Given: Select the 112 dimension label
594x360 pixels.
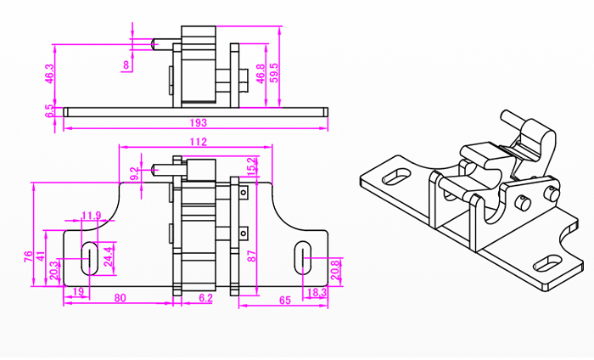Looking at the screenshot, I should click(199, 142).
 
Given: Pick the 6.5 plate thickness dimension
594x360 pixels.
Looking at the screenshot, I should click(50, 110).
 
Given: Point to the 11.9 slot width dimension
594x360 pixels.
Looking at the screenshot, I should click(92, 215).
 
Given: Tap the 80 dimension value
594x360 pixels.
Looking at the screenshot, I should click(120, 298).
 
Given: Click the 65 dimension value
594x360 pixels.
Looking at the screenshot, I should click(284, 300).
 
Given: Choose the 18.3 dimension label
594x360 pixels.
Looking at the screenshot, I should click(316, 292).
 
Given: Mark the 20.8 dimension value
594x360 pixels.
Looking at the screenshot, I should click(335, 270).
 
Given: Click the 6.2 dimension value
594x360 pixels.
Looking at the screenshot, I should click(205, 298).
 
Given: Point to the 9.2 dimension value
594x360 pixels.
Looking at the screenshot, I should click(133, 174).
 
